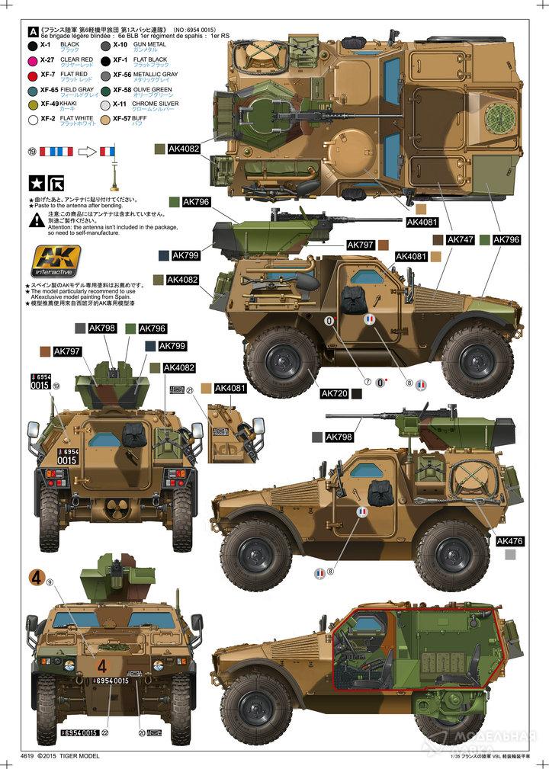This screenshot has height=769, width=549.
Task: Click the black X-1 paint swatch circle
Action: coord(32,45)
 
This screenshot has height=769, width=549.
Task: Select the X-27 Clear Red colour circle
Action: coord(32,59)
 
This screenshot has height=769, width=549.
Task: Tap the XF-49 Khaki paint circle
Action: coord(32,104)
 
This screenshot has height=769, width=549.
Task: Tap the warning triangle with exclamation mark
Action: coord(37,220)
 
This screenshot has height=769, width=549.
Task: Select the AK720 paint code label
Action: coord(334,393)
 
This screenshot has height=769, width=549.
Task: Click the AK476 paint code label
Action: coord(508,541)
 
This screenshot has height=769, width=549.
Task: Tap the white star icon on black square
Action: coord(36,182)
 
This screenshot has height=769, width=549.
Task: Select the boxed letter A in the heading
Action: coord(32,31)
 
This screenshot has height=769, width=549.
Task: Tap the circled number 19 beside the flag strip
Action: coord(30,151)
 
